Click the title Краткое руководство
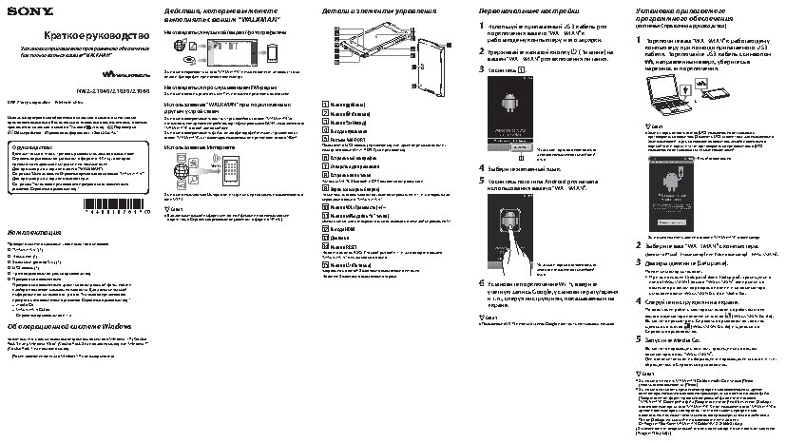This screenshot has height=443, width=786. [x=75, y=33]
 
